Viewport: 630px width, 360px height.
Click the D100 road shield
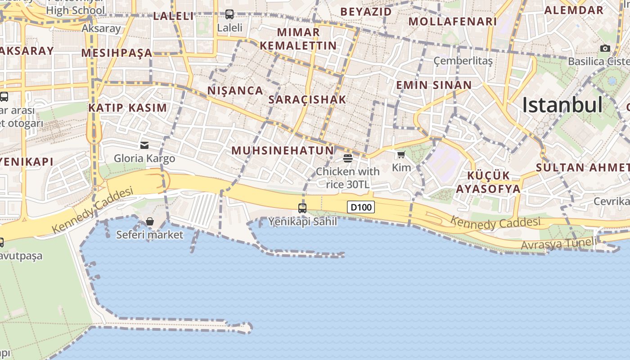[361, 207]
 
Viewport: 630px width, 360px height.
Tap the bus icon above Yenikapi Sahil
[302, 208]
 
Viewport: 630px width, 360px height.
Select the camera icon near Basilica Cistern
[605, 48]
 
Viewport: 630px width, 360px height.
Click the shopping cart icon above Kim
[401, 155]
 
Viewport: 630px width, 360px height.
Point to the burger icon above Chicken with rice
[347, 158]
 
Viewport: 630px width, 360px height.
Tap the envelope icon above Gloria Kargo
[144, 145]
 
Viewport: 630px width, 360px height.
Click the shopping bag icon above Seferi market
[150, 221]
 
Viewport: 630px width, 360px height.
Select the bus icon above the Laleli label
[229, 14]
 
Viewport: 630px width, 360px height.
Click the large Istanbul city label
[562, 105]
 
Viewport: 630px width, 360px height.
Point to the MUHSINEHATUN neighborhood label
[283, 150]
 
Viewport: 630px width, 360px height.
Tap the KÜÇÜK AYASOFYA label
[488, 182]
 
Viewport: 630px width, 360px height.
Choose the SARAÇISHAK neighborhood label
[307, 99]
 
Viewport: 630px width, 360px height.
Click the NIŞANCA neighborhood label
[235, 90]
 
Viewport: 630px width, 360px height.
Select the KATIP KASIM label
[128, 108]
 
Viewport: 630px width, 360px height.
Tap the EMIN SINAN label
[434, 85]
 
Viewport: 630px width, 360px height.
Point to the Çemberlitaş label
[463, 60]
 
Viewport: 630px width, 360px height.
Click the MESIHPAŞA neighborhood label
[117, 53]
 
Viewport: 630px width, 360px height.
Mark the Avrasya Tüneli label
[558, 244]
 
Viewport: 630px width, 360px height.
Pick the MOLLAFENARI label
[453, 21]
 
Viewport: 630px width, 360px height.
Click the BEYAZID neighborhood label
[366, 11]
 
